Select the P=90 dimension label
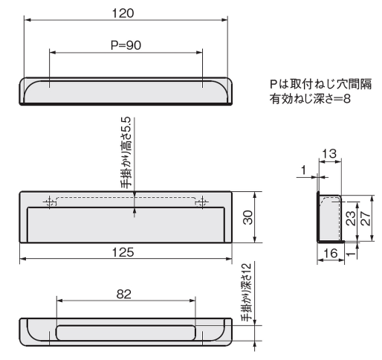coord(125,45)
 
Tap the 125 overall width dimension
coord(125,252)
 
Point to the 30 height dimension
coord(248,217)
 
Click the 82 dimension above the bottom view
coord(125,294)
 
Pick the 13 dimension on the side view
coord(330,154)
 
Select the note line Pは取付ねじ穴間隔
coord(308,87)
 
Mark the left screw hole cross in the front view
coord(51,202)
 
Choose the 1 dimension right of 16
coord(349,251)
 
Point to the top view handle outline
coord(126,92)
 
